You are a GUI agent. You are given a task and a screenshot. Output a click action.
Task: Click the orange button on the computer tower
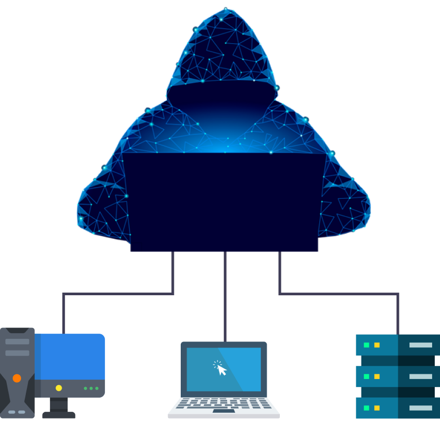point(17,378)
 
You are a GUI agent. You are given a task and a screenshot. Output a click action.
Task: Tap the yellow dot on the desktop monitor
point(58,388)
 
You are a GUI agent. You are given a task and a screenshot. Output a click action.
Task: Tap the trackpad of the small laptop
point(223,411)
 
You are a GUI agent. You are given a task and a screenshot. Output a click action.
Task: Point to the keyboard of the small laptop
point(223,403)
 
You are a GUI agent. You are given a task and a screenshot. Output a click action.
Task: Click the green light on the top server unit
point(366,345)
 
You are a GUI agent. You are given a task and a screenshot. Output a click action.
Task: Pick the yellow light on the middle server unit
point(377,376)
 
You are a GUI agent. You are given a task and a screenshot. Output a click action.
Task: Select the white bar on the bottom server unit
point(421,408)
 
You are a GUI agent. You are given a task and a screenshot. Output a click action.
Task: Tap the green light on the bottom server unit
point(366,408)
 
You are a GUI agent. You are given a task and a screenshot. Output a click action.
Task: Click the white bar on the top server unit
point(421,345)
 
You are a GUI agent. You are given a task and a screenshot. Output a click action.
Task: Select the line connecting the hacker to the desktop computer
point(119,294)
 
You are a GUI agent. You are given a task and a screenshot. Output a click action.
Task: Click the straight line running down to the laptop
point(225,295)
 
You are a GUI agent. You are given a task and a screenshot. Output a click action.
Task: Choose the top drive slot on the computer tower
point(17,342)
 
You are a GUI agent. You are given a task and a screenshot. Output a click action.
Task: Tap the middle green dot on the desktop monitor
point(91,389)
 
